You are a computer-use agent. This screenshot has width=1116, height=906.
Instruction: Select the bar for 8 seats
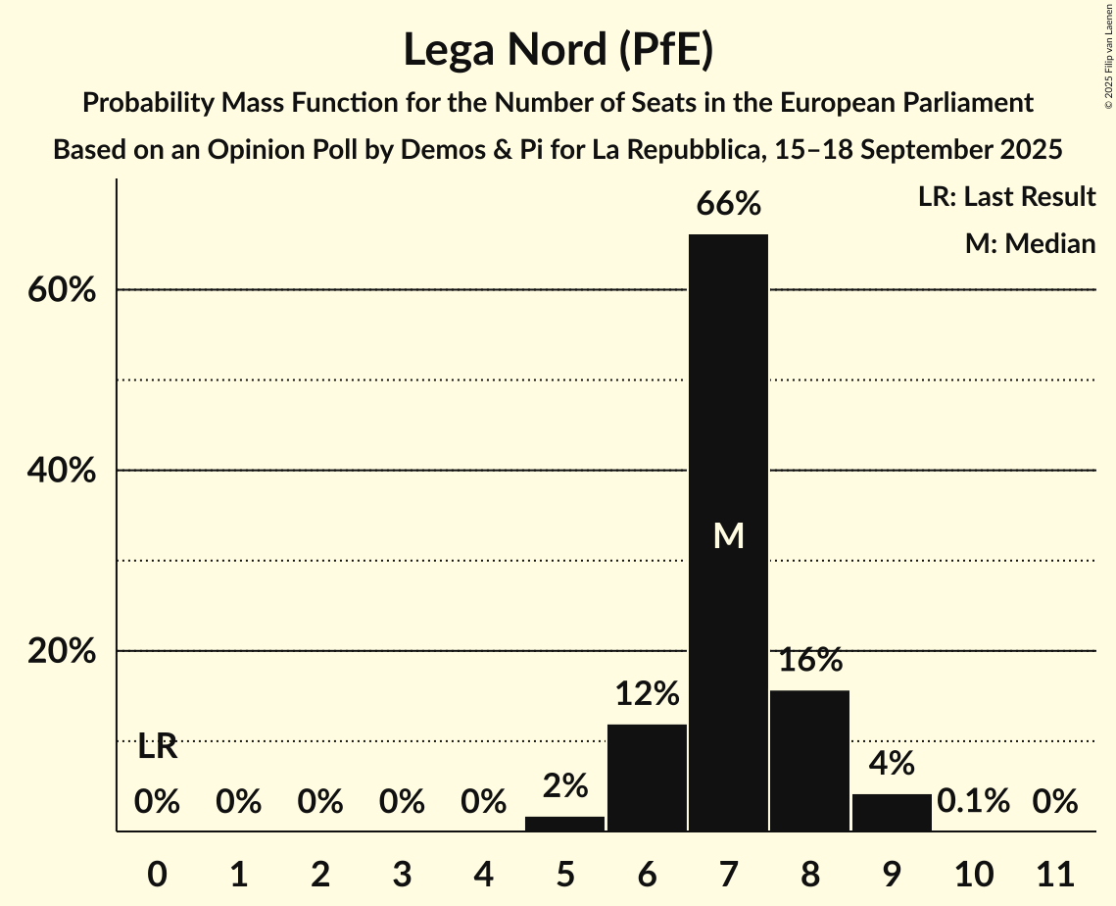tap(809, 760)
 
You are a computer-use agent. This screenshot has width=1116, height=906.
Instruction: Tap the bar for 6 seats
tap(647, 777)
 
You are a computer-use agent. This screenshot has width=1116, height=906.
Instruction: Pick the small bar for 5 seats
tap(564, 824)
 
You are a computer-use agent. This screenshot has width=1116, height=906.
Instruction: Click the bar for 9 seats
tap(892, 812)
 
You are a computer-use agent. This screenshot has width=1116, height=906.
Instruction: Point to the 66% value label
tap(728, 205)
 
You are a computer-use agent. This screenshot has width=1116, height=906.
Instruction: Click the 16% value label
tap(810, 660)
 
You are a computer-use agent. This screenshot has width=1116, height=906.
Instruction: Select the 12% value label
tap(647, 694)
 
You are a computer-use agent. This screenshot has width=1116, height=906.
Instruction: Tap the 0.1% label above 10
tap(973, 801)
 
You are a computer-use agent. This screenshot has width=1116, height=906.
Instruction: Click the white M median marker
tap(728, 535)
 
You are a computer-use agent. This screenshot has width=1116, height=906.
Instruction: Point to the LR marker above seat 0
tap(157, 747)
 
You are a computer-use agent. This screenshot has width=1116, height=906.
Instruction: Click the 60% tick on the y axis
tap(62, 291)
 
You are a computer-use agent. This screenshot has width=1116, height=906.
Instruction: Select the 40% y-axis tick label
tap(62, 472)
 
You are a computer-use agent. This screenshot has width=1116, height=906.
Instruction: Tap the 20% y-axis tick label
tap(62, 652)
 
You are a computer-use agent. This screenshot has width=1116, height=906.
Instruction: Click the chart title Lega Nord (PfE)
tap(558, 51)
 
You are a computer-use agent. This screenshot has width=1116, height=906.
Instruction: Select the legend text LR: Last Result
tap(1006, 197)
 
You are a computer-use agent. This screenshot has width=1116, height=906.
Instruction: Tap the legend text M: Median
tap(1030, 243)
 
